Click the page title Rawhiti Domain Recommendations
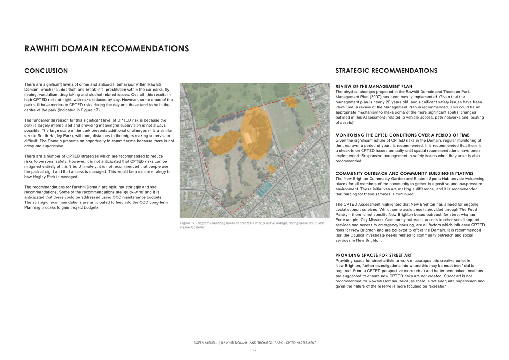point(106,48)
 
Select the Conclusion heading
point(46,71)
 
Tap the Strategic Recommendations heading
point(386,71)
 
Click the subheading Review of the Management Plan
point(374,86)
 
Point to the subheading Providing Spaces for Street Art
point(373,255)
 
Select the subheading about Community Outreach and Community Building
point(404,173)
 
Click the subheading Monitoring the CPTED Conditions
point(402,135)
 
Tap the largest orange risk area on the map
point(257,133)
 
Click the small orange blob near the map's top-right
point(291,102)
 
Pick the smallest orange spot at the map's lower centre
point(271,169)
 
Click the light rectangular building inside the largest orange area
point(248,138)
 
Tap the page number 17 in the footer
point(254,350)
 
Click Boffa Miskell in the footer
point(205,343)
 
